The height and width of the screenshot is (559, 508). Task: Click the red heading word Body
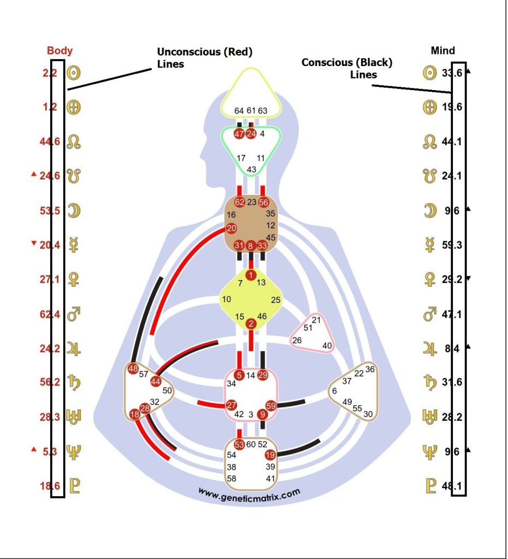tap(60, 51)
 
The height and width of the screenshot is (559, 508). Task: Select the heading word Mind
tap(442, 51)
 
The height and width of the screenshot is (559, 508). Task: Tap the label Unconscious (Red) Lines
tap(204, 58)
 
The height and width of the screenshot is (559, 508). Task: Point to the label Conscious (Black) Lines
tap(347, 68)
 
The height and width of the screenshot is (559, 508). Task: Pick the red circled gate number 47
tap(239, 134)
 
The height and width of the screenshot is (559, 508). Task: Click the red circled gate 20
tap(232, 228)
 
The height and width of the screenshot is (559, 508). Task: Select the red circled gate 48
tap(133, 369)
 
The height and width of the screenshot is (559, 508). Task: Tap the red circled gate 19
tap(270, 455)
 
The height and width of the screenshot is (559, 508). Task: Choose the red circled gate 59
tap(271, 405)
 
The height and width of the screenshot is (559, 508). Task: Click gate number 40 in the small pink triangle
tap(327, 345)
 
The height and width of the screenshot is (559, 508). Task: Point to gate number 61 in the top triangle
tap(251, 111)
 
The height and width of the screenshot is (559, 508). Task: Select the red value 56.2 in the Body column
tap(50, 382)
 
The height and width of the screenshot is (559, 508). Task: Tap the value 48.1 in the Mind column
tap(452, 485)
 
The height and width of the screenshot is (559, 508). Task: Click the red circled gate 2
tap(251, 324)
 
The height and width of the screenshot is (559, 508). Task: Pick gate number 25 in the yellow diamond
tap(276, 300)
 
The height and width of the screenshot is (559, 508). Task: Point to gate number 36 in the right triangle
tap(370, 370)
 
